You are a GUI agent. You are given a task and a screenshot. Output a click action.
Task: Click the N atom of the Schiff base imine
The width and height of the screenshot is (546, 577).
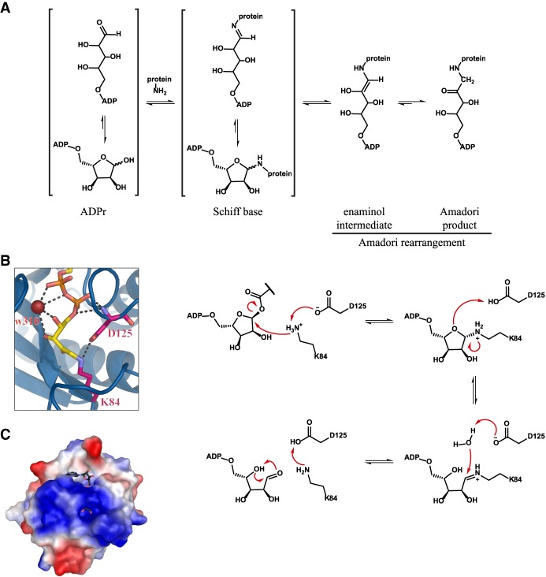[x=236, y=30]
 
